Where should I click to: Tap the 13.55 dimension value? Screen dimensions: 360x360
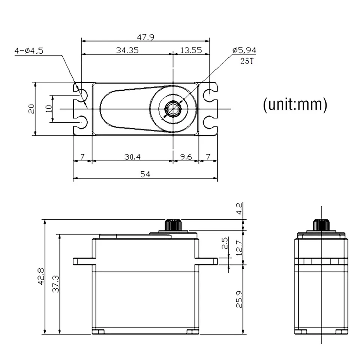(x=191, y=50)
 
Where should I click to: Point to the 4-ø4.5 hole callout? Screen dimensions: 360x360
(x=29, y=51)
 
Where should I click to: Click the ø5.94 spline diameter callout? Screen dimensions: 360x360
(x=244, y=51)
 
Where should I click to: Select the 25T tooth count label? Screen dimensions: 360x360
(x=247, y=61)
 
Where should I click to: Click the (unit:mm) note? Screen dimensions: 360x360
(x=295, y=104)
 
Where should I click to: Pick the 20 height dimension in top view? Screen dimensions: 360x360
(x=31, y=109)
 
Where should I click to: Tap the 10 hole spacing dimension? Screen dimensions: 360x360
(x=48, y=109)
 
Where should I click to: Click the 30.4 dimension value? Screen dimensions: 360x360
(x=132, y=157)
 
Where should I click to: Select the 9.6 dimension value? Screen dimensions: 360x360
(x=186, y=157)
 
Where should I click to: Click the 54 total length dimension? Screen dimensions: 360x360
(x=145, y=174)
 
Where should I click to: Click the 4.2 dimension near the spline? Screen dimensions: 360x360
(x=239, y=208)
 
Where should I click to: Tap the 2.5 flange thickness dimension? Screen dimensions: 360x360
(x=225, y=244)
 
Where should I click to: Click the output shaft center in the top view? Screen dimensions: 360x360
(x=173, y=109)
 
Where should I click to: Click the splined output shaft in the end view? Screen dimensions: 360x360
(x=321, y=225)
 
